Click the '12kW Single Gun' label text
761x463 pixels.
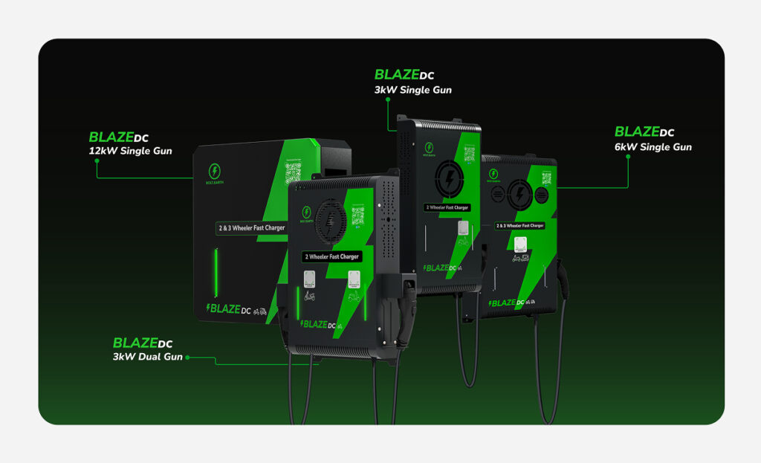(130, 152)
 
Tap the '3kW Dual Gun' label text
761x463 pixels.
(148, 357)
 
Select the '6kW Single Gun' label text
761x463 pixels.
(652, 147)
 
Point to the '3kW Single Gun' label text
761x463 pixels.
(414, 90)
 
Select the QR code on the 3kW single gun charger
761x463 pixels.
(469, 155)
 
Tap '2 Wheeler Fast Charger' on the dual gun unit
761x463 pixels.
(331, 256)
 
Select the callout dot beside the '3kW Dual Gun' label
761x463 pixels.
(189, 357)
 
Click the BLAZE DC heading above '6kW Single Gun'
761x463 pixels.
(644, 132)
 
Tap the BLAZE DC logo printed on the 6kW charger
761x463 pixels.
(513, 302)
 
